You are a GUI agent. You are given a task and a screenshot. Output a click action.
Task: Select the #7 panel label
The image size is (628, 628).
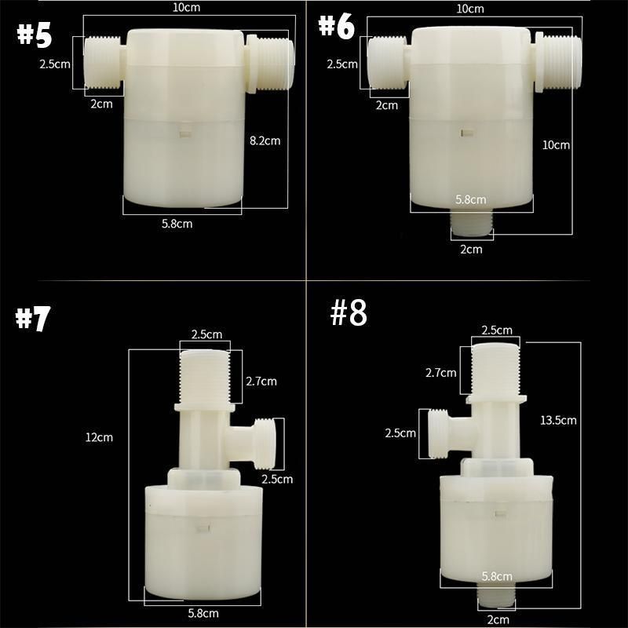point(33,319)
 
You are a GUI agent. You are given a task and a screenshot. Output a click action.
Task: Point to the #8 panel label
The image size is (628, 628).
point(349,313)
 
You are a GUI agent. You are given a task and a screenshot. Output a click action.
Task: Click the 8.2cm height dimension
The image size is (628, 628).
point(265,141)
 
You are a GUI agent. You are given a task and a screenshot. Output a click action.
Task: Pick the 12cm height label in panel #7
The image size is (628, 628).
point(100,437)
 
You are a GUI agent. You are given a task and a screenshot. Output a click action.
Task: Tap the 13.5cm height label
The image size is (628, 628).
point(559,420)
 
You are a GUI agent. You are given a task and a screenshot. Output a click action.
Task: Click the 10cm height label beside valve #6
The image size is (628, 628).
point(556,145)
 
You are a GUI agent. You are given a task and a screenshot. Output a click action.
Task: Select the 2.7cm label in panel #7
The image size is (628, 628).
point(261,382)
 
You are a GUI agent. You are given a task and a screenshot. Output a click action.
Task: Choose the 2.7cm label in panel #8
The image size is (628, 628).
point(442,372)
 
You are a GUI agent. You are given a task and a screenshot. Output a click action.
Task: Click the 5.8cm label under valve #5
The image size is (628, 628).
point(177,224)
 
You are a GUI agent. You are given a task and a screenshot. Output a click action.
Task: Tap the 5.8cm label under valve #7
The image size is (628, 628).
point(203,613)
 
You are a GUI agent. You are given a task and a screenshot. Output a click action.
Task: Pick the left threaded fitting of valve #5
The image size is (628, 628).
point(102,63)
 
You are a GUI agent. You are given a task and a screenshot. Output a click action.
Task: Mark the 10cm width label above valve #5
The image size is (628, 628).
point(185,9)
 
